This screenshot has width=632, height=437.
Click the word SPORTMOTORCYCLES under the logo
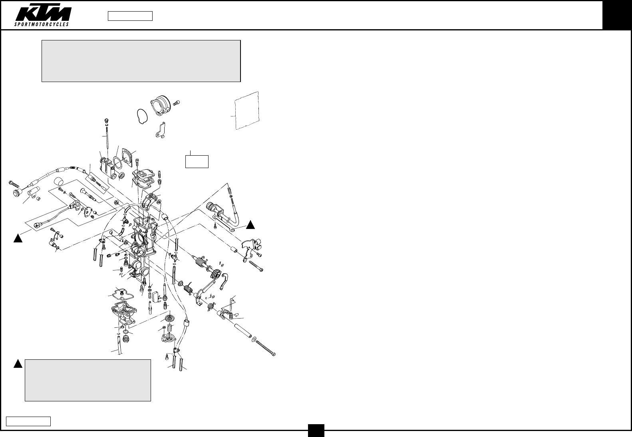pyautogui.click(x=42, y=24)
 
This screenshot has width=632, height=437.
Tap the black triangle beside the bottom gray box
pyautogui.click(x=18, y=364)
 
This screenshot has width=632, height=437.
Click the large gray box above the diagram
pyautogui.click(x=141, y=61)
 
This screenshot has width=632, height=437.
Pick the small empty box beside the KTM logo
pyautogui.click(x=130, y=16)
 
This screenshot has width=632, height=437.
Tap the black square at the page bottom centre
pyautogui.click(x=316, y=430)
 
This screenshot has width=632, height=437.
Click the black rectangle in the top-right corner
pyautogui.click(x=617, y=15)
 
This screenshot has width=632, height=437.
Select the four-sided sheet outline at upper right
pyautogui.click(x=247, y=110)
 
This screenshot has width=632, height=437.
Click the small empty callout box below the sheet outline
pyautogui.click(x=197, y=161)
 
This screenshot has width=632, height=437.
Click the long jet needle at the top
pyautogui.click(x=107, y=136)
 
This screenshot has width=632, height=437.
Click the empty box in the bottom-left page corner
pyautogui.click(x=28, y=421)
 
